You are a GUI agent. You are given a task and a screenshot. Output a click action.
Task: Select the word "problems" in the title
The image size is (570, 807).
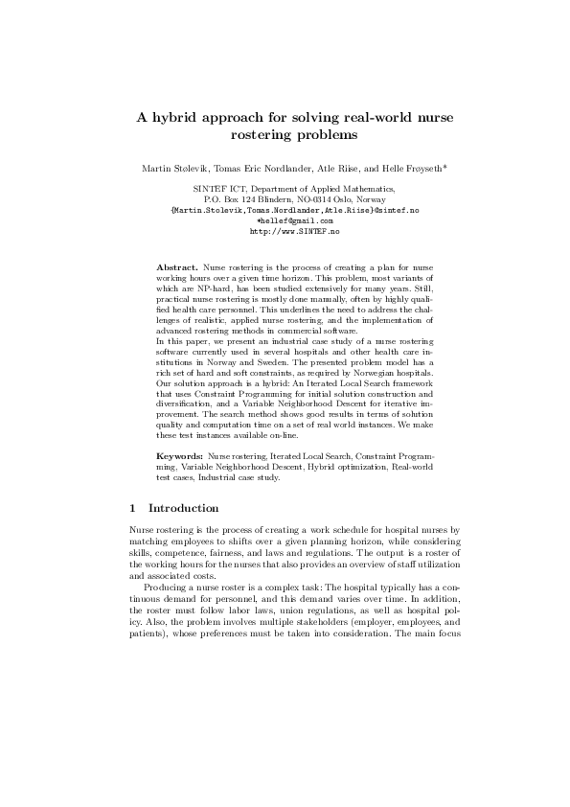(311, 136)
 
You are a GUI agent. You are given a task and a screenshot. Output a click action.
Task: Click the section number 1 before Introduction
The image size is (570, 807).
(132, 507)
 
